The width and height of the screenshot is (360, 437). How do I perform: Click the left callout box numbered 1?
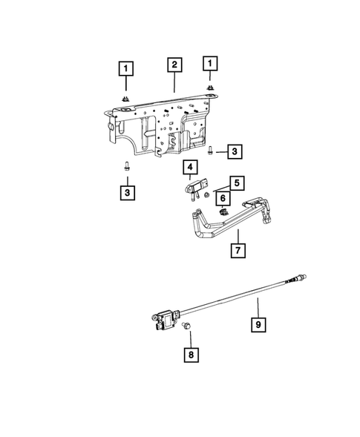tap(127, 70)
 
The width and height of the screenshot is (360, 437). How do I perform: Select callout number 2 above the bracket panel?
tap(174, 65)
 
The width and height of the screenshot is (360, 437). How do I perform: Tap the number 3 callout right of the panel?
tap(235, 152)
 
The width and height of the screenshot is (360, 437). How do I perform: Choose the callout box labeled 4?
tap(190, 166)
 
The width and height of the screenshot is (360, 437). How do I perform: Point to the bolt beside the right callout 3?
tap(211, 151)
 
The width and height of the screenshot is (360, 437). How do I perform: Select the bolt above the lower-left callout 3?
tap(126, 167)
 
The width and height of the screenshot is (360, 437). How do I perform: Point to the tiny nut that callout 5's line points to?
tap(209, 194)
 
